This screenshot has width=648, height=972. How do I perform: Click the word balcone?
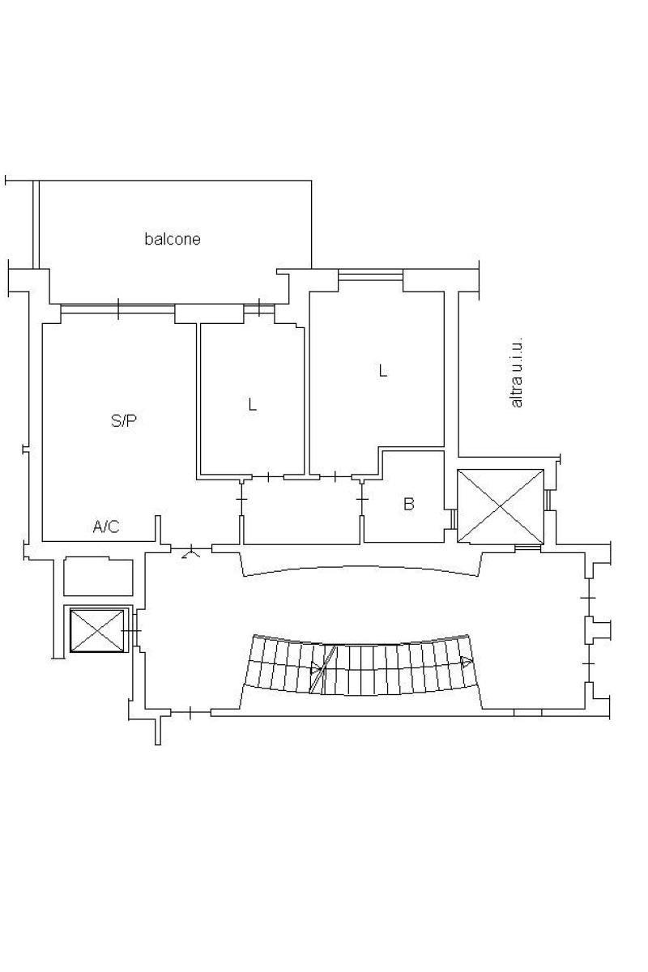pyautogui.click(x=173, y=239)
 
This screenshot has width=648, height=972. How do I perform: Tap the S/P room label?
pyautogui.click(x=124, y=420)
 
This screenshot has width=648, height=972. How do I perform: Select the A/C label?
pyautogui.click(x=106, y=526)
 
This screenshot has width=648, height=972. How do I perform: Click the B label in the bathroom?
pyautogui.click(x=408, y=504)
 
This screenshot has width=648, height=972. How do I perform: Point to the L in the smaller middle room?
pyautogui.click(x=252, y=405)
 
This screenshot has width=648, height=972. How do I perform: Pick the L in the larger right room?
pyautogui.click(x=382, y=371)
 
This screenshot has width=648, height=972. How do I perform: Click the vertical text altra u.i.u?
pyautogui.click(x=517, y=373)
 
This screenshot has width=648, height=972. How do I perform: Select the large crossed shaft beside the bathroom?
pyautogui.click(x=501, y=506)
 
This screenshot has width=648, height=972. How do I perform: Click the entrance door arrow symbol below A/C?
pyautogui.click(x=190, y=553)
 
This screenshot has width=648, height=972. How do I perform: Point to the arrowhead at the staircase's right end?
pyautogui.click(x=467, y=662)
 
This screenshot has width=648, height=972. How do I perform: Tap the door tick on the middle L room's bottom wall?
pyautogui.click(x=268, y=477)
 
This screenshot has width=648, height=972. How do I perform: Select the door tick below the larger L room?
pyautogui.click(x=335, y=477)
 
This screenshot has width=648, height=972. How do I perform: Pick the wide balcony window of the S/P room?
pyautogui.click(x=118, y=309)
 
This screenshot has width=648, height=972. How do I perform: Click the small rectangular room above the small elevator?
pyautogui.click(x=98, y=577)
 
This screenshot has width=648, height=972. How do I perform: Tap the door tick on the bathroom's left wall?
pyautogui.click(x=362, y=500)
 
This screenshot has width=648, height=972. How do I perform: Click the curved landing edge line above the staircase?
pyautogui.click(x=360, y=568)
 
